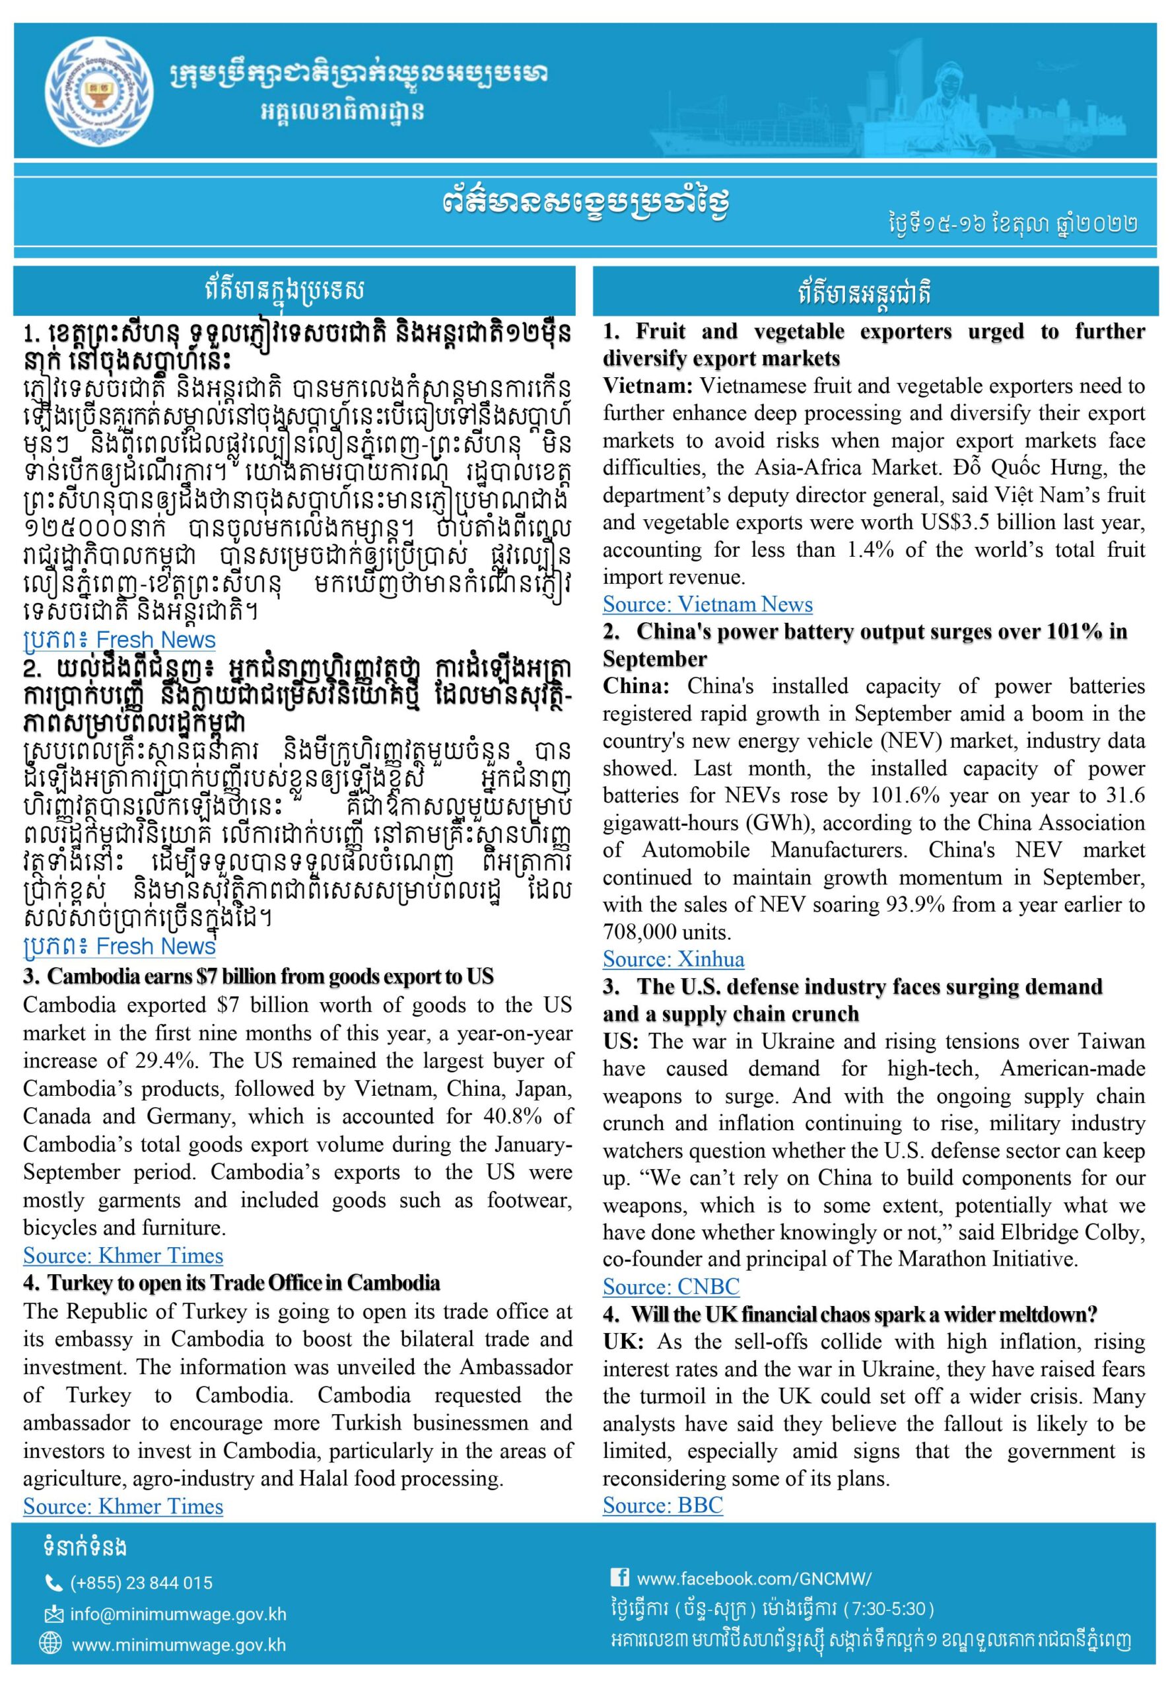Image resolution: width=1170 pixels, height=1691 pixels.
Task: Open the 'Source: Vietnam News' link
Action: point(707,604)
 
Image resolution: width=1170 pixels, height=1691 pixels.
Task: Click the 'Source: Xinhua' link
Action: point(673,958)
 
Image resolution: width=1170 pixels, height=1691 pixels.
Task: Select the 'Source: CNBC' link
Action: point(671,1286)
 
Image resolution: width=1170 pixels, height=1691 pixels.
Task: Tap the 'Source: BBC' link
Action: point(663,1505)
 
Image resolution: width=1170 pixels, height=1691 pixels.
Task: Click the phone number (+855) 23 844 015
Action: point(141,1583)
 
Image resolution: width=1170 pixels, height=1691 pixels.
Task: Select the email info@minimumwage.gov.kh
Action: point(178,1614)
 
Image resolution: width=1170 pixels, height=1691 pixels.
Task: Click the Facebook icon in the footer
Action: point(619,1577)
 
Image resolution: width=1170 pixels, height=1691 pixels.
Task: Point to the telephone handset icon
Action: point(53,1583)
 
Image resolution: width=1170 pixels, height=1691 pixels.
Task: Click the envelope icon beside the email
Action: point(53,1614)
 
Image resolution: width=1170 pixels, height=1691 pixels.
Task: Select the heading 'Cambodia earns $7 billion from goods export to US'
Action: point(270,977)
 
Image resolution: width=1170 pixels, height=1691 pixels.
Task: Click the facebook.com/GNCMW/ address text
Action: point(754,1578)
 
